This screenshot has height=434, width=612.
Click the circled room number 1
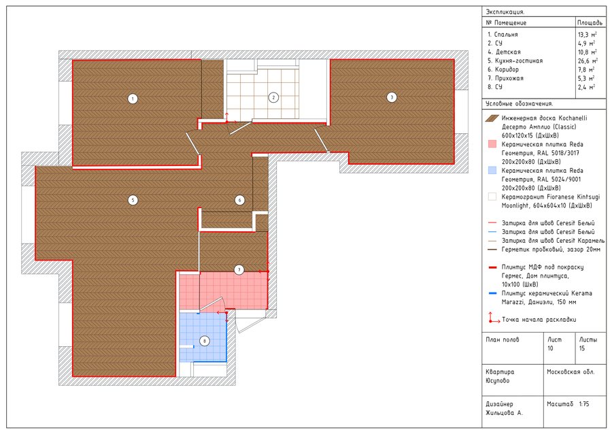pyautogui.click(x=133, y=99)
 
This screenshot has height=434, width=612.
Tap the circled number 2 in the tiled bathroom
pyautogui.click(x=273, y=97)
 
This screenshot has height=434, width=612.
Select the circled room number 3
pyautogui.click(x=392, y=97)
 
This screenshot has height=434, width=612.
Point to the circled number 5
pyautogui.click(x=133, y=200)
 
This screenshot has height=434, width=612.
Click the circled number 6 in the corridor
pyautogui.click(x=239, y=200)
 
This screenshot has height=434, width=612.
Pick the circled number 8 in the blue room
pyautogui.click(x=204, y=341)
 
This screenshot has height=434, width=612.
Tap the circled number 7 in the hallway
pyautogui.click(x=239, y=269)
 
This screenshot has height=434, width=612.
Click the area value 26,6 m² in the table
pyautogui.click(x=588, y=61)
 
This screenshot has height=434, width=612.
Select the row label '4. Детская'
pyautogui.click(x=504, y=52)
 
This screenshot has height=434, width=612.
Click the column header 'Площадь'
pyautogui.click(x=590, y=22)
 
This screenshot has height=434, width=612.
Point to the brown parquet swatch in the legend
pyautogui.click(x=492, y=118)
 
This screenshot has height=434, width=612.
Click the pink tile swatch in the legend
pyautogui.click(x=492, y=144)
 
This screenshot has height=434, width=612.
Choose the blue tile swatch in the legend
pyautogui.click(x=492, y=171)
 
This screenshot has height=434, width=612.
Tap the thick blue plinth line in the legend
pyautogui.click(x=492, y=293)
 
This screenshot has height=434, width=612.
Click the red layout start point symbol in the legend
pyautogui.click(x=494, y=318)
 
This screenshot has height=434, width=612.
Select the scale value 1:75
pyautogui.click(x=584, y=404)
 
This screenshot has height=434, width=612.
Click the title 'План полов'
pyautogui.click(x=503, y=340)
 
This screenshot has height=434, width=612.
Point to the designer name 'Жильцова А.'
pyautogui.click(x=504, y=413)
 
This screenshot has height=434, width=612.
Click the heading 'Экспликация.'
pyautogui.click(x=505, y=12)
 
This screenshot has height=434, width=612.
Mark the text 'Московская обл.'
pyautogui.click(x=571, y=372)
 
